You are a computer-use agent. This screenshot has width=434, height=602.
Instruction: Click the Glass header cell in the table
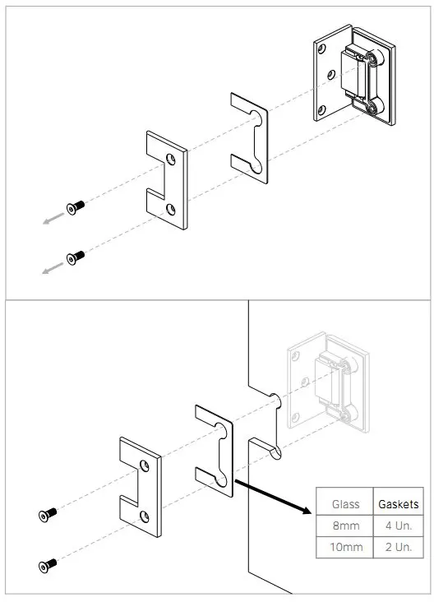(x=345, y=503)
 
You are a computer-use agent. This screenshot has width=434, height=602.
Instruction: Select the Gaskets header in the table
(x=399, y=503)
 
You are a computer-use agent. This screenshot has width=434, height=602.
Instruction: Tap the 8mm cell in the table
(x=346, y=526)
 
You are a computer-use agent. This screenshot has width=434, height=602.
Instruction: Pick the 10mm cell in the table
(x=346, y=547)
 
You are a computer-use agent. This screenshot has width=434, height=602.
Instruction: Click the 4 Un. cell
(x=399, y=526)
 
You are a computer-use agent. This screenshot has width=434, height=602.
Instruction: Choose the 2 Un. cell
(x=399, y=547)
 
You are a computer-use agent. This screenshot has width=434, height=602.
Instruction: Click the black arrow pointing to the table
(x=273, y=496)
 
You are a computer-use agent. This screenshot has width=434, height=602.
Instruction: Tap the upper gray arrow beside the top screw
(x=53, y=219)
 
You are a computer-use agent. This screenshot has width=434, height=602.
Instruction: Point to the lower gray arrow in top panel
(x=53, y=268)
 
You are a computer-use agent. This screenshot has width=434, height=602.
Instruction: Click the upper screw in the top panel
(x=76, y=207)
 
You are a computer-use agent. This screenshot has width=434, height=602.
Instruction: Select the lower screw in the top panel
(x=76, y=257)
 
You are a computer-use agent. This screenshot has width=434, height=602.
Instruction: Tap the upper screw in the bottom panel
(x=48, y=515)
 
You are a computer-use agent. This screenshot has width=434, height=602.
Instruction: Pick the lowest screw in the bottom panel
(x=48, y=566)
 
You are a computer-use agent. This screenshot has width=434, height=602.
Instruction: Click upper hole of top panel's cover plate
(x=171, y=159)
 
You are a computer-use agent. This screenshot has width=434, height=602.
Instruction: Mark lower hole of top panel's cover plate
(x=171, y=209)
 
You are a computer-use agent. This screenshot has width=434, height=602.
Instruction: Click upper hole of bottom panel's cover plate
(x=145, y=465)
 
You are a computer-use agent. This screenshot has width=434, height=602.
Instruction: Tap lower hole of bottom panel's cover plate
(x=145, y=516)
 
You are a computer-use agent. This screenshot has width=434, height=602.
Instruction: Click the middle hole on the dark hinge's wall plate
(x=331, y=75)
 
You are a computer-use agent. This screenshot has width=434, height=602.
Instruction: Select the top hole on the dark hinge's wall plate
(x=321, y=49)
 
